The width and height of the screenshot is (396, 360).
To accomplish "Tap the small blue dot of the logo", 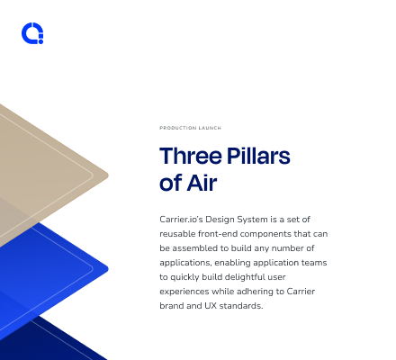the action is click(40, 41).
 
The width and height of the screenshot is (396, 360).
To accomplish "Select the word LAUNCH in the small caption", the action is click(210, 128).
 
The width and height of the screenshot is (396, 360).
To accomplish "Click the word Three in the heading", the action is click(191, 156).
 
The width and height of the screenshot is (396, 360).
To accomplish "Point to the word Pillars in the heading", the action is click(258, 156).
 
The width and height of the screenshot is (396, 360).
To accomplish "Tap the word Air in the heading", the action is click(202, 183).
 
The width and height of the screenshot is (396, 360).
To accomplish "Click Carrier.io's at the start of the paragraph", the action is click(181, 220).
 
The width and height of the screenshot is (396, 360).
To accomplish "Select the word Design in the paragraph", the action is click(220, 220).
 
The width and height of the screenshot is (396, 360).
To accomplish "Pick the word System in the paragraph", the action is click(252, 220).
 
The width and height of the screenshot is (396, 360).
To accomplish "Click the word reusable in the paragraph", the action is click(177, 234).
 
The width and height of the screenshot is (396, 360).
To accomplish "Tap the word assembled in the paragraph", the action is click(194, 248).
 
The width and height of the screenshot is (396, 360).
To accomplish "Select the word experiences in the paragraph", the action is click(184, 292).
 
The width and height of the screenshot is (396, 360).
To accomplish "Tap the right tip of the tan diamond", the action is click(108, 175).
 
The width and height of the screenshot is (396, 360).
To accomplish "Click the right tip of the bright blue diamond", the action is click(108, 269).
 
